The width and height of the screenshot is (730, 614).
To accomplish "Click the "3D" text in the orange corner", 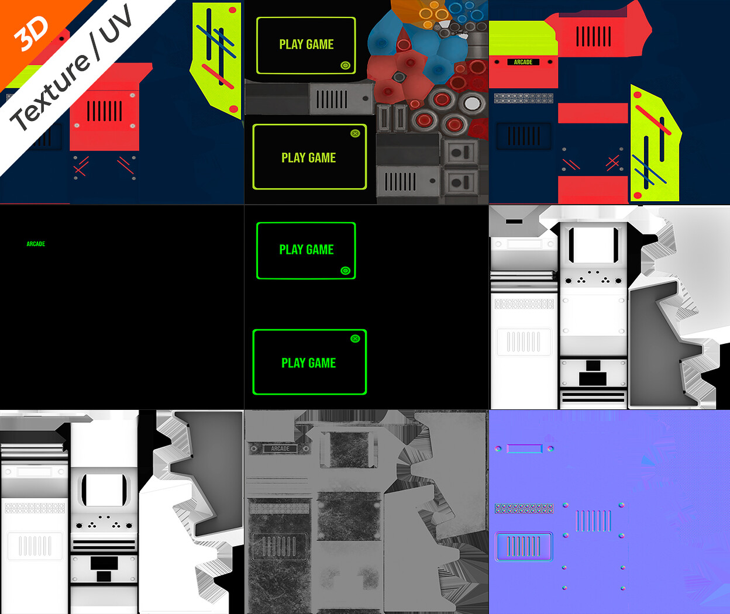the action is point(31,33).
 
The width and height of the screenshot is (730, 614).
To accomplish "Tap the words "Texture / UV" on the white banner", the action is point(71,67).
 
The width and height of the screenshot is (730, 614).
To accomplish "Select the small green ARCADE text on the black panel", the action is point(36,244).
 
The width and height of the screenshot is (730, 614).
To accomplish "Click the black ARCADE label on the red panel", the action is point(523,62).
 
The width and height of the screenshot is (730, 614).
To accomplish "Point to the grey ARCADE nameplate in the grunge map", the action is point(280,449).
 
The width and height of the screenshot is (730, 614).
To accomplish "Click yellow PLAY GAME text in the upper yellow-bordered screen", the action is point(307,44).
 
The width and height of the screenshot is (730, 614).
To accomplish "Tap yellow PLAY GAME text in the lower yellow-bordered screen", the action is point(309,158).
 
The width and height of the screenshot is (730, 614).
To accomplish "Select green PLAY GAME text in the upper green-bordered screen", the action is point(307,250).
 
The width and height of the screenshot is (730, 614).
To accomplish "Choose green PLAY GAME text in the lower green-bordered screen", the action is point(309,363).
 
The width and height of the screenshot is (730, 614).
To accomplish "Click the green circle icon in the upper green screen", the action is point(346,271).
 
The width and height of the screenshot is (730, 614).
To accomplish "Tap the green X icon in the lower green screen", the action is point(355,338).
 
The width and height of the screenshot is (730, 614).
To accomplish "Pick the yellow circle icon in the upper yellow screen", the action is point(346,65).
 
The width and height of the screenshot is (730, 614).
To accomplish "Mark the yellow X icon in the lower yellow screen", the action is point(355,133).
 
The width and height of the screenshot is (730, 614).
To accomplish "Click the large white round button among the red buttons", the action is point(472,103).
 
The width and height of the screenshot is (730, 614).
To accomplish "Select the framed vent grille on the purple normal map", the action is point(524,546).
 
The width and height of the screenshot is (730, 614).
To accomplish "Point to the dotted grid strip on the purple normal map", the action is point(524,508).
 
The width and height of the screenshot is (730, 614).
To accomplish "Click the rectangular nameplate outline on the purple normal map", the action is point(525,449).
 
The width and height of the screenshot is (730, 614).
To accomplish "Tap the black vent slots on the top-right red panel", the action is point(594,36).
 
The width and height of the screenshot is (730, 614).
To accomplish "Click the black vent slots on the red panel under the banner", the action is point(105,111).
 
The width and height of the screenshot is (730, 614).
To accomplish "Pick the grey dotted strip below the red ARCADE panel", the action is point(524,98).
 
